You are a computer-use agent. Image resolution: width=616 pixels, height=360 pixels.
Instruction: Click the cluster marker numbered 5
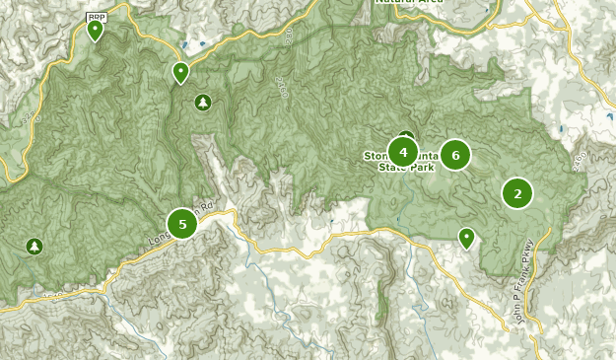pyautogui.click(x=182, y=224)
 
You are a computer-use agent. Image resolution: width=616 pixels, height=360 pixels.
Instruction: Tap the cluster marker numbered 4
pyautogui.click(x=402, y=152)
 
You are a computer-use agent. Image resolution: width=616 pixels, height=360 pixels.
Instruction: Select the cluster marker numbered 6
pyautogui.click(x=455, y=154)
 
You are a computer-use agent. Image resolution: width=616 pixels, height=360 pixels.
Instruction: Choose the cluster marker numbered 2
pyautogui.click(x=517, y=193)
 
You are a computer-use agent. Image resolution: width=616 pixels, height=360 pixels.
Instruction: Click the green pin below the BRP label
pyautogui.click(x=96, y=32)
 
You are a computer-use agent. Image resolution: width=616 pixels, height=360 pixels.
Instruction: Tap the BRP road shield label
pyautogui.click(x=96, y=17)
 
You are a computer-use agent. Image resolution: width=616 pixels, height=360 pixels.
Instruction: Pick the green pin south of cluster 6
pyautogui.click(x=466, y=237)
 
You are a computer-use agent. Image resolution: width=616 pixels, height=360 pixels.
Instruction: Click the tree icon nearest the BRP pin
pyautogui.click(x=203, y=102)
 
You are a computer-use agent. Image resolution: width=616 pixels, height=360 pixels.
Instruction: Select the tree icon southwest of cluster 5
pyautogui.click(x=35, y=246)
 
